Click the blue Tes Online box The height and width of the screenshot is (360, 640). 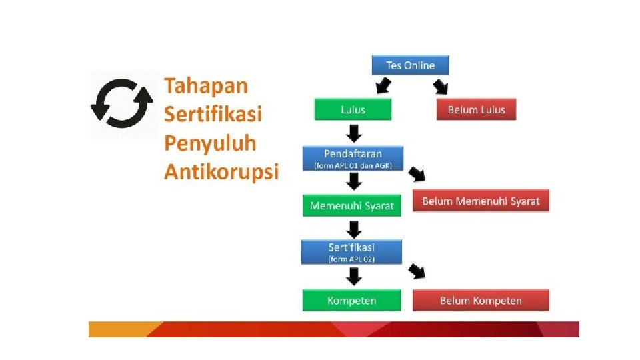(x=410, y=65)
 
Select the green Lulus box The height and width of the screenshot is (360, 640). (x=353, y=109)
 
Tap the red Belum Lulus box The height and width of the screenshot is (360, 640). (x=476, y=109)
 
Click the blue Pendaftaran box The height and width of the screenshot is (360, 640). (x=353, y=158)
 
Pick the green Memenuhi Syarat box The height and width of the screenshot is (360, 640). (x=352, y=206)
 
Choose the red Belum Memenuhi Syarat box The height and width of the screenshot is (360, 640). (x=481, y=201)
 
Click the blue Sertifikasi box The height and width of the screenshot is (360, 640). (x=351, y=251)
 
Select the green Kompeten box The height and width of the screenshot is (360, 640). (x=351, y=301)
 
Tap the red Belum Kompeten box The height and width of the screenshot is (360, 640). (x=481, y=301)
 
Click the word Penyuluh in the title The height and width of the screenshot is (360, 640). (x=210, y=143)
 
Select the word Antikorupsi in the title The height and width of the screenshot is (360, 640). (x=221, y=172)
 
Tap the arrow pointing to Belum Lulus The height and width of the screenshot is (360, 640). (x=440, y=86)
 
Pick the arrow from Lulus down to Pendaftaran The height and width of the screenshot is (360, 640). (x=353, y=134)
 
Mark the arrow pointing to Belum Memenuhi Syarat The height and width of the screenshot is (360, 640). (x=417, y=175)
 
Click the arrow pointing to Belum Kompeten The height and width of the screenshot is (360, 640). (x=417, y=271)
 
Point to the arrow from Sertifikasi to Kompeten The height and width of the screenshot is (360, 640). (x=353, y=276)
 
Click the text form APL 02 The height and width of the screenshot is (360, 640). (x=351, y=259)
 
